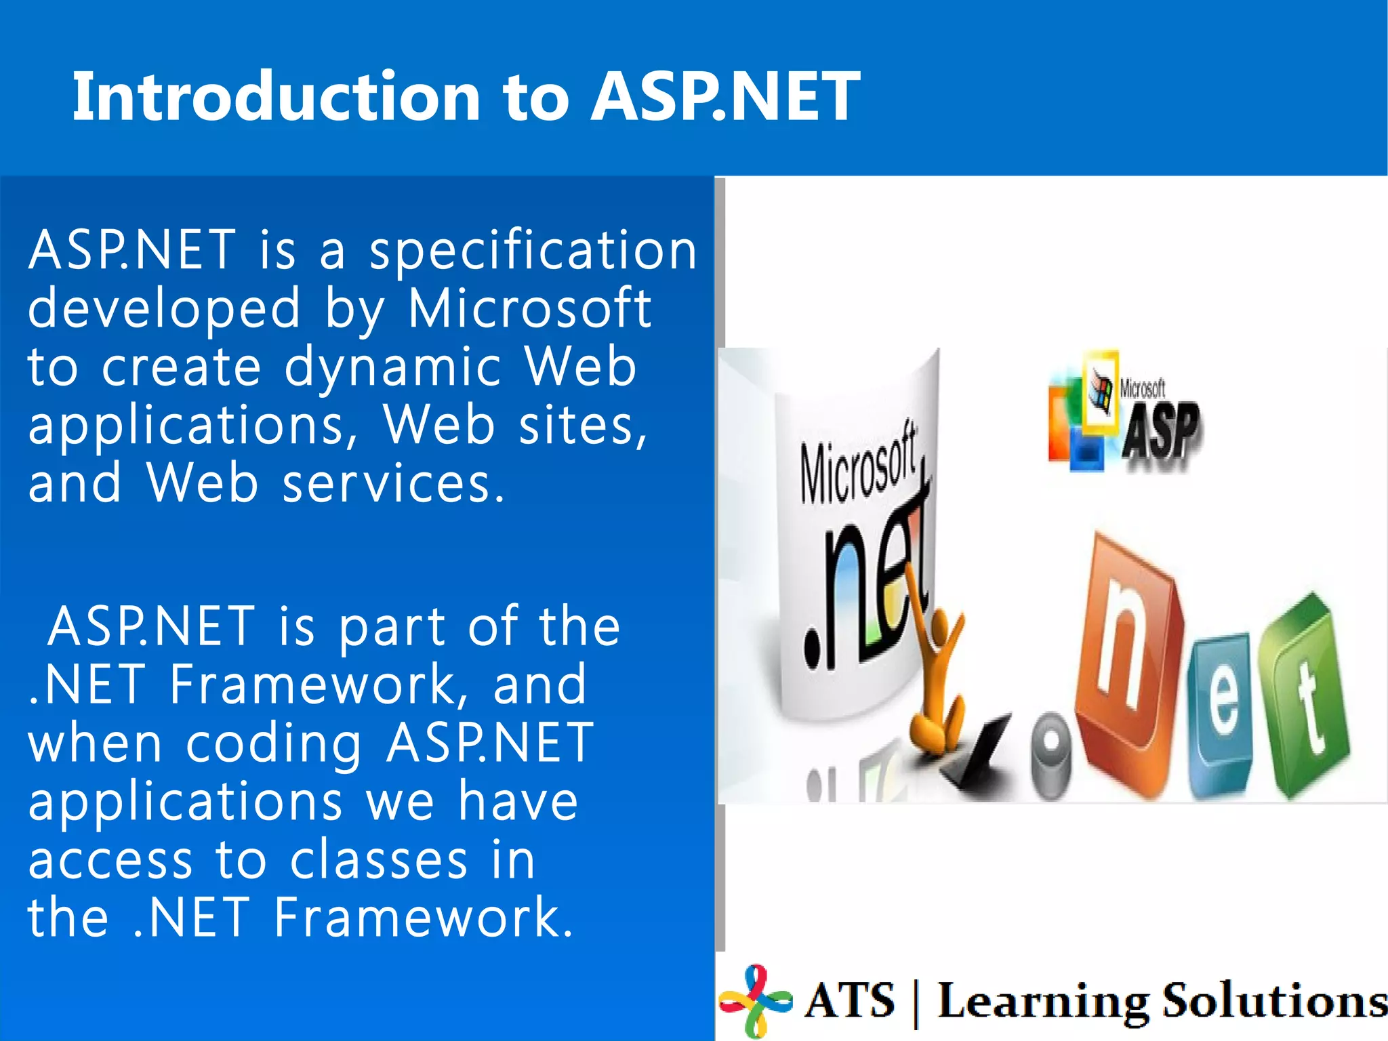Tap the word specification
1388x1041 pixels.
coord(533,251)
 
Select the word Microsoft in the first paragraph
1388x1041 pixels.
coord(529,309)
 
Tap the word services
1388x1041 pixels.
coord(393,484)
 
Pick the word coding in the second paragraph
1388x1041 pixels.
coord(274,743)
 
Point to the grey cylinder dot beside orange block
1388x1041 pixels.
coord(1051,752)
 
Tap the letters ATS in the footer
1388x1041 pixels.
coord(850,1000)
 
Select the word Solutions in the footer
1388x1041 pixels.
coord(1274,1000)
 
